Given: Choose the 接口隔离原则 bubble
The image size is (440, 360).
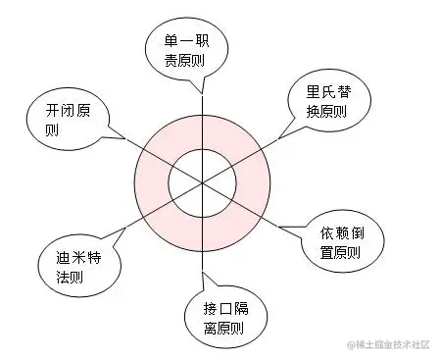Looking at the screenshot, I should coord(217,311).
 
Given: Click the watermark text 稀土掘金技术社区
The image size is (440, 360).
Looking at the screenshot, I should coord(391,342).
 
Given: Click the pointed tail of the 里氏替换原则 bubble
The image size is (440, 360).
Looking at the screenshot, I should coord(282,132).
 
